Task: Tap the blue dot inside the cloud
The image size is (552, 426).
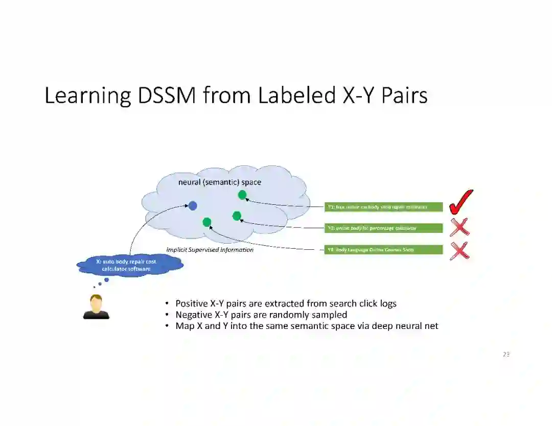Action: (x=193, y=206)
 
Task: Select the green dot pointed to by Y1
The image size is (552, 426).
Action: (x=242, y=195)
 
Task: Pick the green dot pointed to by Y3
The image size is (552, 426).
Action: (x=207, y=222)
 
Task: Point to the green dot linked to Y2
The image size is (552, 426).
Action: (x=237, y=216)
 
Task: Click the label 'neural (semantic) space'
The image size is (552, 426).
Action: (x=219, y=182)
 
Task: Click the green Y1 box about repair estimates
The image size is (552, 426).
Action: (x=384, y=207)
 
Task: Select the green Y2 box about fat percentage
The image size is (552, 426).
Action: (x=384, y=228)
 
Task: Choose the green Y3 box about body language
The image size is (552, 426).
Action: (x=384, y=250)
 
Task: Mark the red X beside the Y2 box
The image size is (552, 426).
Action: (x=459, y=227)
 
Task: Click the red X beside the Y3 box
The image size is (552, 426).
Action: (x=459, y=250)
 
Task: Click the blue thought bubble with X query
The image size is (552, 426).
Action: (x=130, y=265)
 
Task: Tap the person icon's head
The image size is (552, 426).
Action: (x=96, y=301)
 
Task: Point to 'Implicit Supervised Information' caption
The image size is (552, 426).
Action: (x=210, y=250)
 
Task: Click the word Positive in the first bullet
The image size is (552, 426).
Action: (x=191, y=303)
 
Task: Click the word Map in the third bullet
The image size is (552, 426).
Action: (x=185, y=326)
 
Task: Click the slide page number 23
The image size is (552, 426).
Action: (x=506, y=354)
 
